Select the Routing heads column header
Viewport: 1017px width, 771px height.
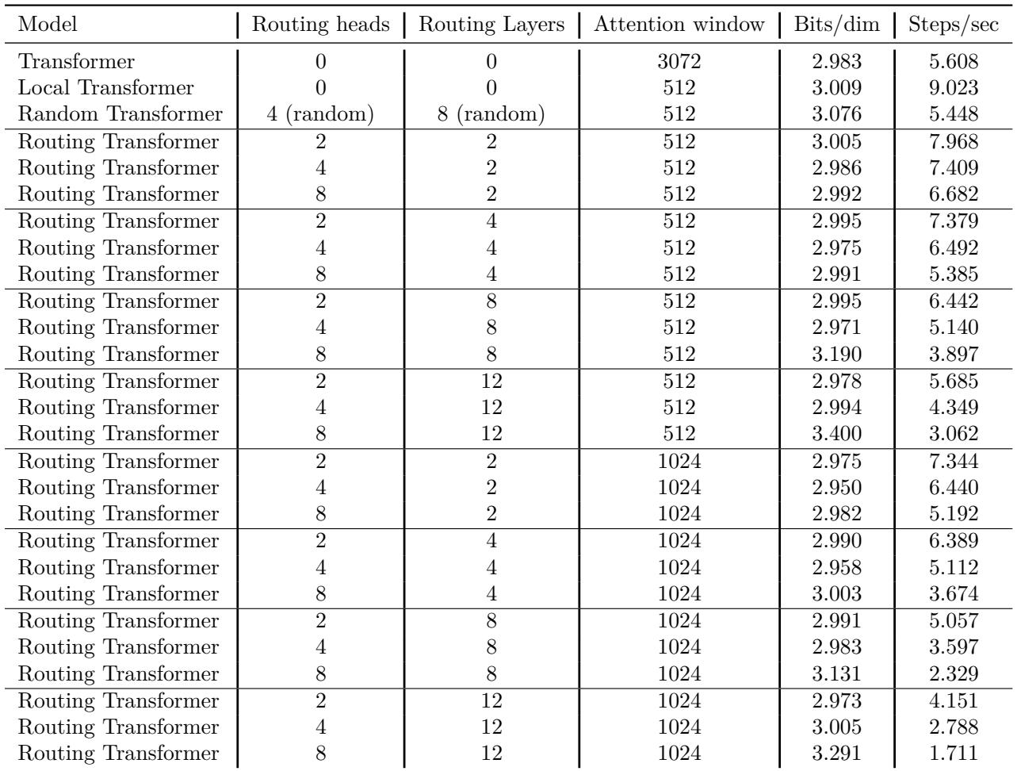click(321, 25)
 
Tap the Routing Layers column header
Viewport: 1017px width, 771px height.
click(491, 25)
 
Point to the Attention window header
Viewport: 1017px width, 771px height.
click(679, 25)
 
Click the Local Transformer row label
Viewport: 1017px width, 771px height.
click(106, 87)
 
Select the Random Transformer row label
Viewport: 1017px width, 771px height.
click(120, 114)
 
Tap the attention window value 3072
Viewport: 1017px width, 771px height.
click(679, 61)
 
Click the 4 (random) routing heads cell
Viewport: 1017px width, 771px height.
click(321, 114)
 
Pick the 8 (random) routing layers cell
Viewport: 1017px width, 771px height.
click(491, 114)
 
